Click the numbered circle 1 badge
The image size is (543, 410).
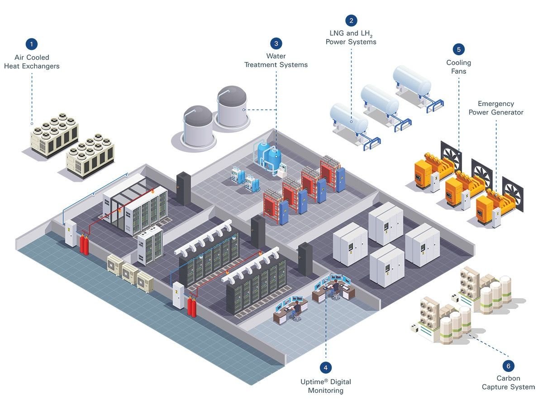[x=31, y=44]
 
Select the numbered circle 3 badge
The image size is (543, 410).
[x=276, y=43]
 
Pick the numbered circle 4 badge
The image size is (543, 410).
[x=325, y=367]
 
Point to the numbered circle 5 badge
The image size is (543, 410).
[x=458, y=49]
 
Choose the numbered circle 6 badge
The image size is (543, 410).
[x=508, y=366]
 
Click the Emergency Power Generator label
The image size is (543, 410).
[x=496, y=108]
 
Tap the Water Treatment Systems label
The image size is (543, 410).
[x=276, y=60]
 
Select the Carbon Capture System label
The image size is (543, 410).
[x=508, y=382]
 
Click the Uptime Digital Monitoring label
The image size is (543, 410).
[x=325, y=386]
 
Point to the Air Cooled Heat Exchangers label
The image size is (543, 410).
[x=32, y=62]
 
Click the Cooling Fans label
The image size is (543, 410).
[x=458, y=67]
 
